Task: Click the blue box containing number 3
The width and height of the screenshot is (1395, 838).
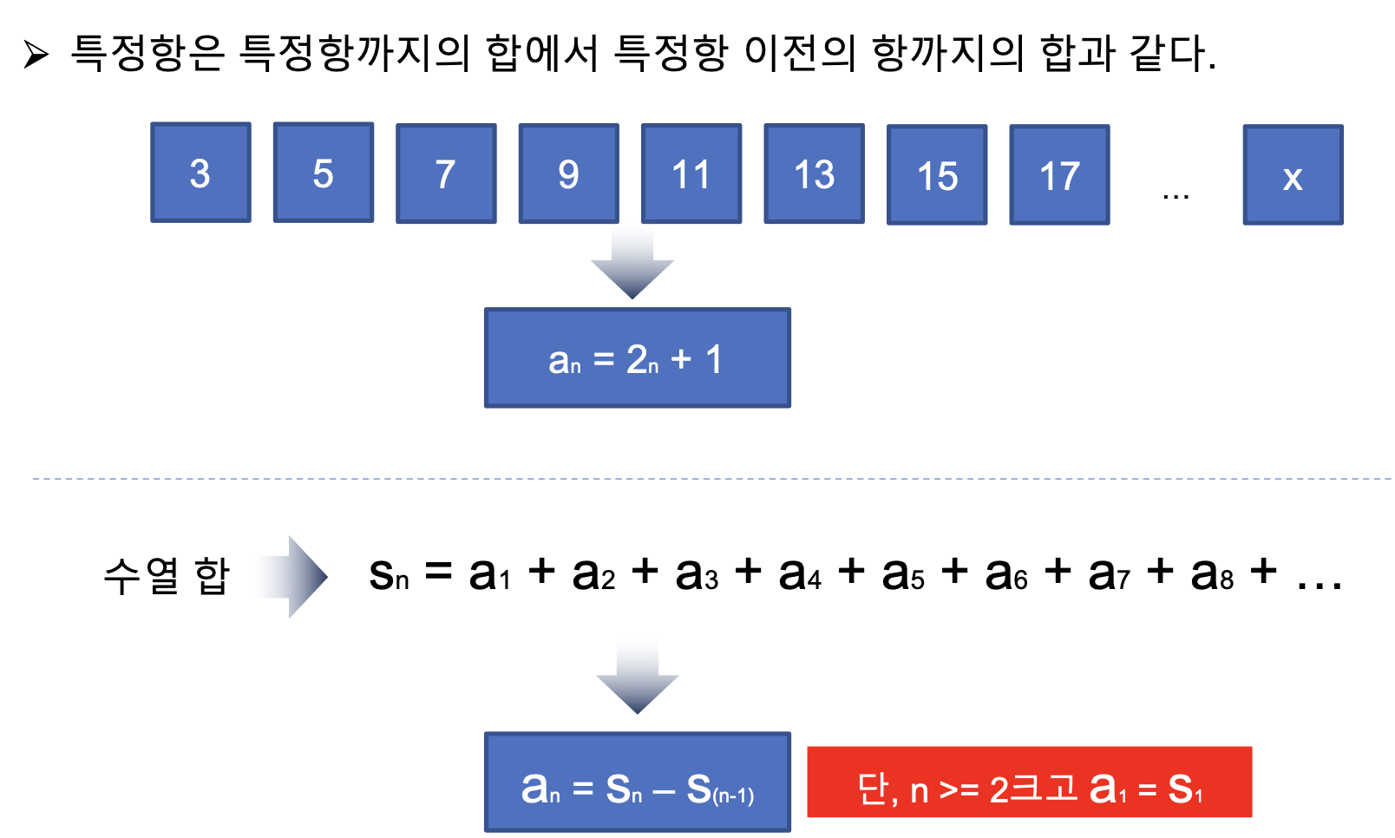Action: click(x=200, y=173)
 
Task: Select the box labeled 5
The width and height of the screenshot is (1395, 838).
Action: click(x=324, y=173)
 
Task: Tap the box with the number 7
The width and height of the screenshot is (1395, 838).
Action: click(x=446, y=173)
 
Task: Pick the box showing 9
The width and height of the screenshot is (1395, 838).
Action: click(x=569, y=173)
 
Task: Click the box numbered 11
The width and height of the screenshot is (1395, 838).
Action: click(x=691, y=173)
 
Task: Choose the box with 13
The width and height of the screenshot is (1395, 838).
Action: click(x=814, y=174)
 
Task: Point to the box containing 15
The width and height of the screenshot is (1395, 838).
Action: click(x=937, y=175)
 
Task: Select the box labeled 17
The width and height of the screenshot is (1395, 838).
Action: click(x=1059, y=175)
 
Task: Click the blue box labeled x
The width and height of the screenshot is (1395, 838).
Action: click(x=1293, y=175)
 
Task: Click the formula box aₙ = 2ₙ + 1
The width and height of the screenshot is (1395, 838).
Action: click(x=638, y=357)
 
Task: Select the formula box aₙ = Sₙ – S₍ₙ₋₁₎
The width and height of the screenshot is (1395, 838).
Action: click(x=638, y=782)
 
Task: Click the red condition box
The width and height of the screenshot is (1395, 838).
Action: click(x=1029, y=782)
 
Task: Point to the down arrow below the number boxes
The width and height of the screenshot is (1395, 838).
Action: click(x=632, y=266)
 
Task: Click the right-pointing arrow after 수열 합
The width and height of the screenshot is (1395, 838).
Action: click(x=293, y=577)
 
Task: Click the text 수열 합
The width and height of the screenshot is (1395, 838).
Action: click(x=167, y=576)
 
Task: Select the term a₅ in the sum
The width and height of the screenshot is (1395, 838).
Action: click(x=903, y=574)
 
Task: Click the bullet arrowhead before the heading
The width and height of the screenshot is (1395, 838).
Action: click(x=36, y=55)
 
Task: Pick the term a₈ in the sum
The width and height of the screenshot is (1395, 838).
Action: click(x=1212, y=574)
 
